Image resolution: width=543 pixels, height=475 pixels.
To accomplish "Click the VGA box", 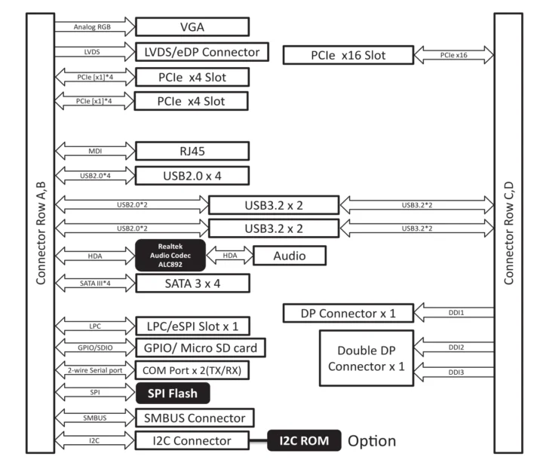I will pyautogui.click(x=192, y=27).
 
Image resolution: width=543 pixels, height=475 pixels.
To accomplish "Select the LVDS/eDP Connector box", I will pyautogui.click(x=202, y=53).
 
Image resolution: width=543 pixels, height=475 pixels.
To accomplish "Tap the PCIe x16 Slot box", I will pyautogui.click(x=348, y=55).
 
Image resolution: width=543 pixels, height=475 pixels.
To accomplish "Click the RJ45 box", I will pyautogui.click(x=192, y=152).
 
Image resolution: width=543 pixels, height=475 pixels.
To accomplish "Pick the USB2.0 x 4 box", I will pyautogui.click(x=192, y=176).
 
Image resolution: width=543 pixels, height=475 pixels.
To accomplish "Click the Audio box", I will pyautogui.click(x=290, y=256).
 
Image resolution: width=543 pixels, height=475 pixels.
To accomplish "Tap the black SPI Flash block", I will pyautogui.click(x=173, y=393).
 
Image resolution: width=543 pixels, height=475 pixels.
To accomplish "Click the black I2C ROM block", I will pyautogui.click(x=304, y=440).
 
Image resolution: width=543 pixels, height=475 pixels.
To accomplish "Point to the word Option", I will pyautogui.click(x=371, y=440).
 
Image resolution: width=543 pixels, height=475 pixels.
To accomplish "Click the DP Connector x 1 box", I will pyautogui.click(x=348, y=313).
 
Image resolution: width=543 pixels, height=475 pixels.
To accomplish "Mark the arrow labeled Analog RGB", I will pyautogui.click(x=94, y=27).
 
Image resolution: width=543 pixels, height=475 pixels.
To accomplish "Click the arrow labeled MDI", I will pyautogui.click(x=94, y=152).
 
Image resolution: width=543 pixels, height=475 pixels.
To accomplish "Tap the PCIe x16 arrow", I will pyautogui.click(x=454, y=55).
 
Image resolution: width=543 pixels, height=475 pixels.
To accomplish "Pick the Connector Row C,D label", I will pyautogui.click(x=509, y=234).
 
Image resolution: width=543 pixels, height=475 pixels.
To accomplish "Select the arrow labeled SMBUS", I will pyautogui.click(x=94, y=417).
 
